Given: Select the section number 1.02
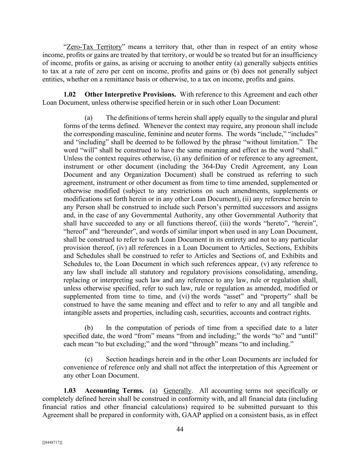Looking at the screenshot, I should coord(70,94).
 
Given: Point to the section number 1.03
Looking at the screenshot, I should coord(70,391).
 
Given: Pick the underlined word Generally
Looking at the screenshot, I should coord(177,391).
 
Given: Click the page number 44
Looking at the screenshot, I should coord(180,429).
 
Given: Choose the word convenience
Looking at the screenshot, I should coord(81,367).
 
